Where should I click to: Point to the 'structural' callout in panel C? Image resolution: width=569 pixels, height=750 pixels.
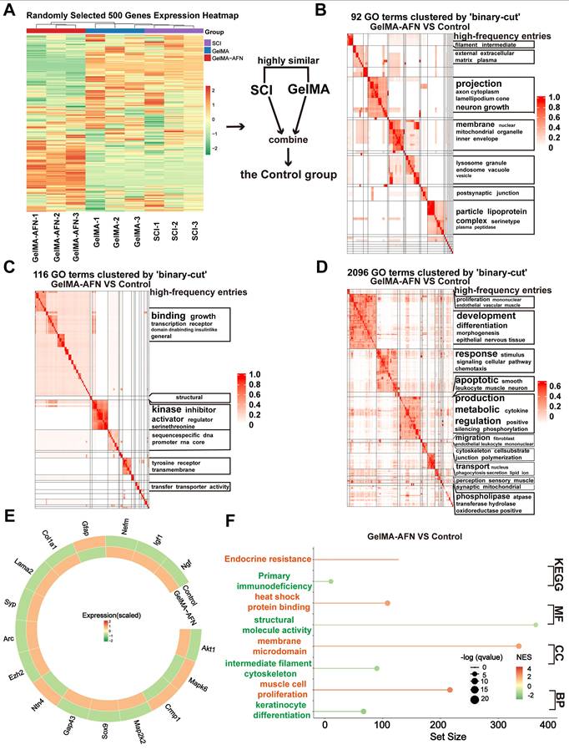[190, 398]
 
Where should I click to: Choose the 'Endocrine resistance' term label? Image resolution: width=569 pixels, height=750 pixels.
[264, 558]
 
